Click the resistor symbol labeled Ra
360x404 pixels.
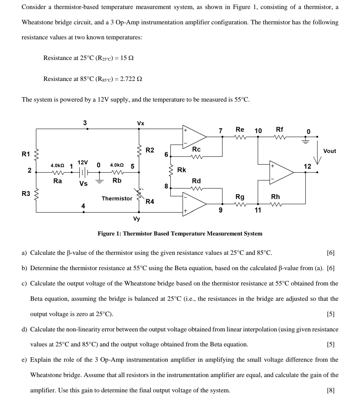[57, 173]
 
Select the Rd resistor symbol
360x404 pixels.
[197, 188]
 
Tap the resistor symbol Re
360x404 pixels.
[240, 137]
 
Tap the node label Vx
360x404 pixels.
[141, 123]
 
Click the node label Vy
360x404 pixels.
[137, 219]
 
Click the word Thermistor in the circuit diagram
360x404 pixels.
[117, 199]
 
